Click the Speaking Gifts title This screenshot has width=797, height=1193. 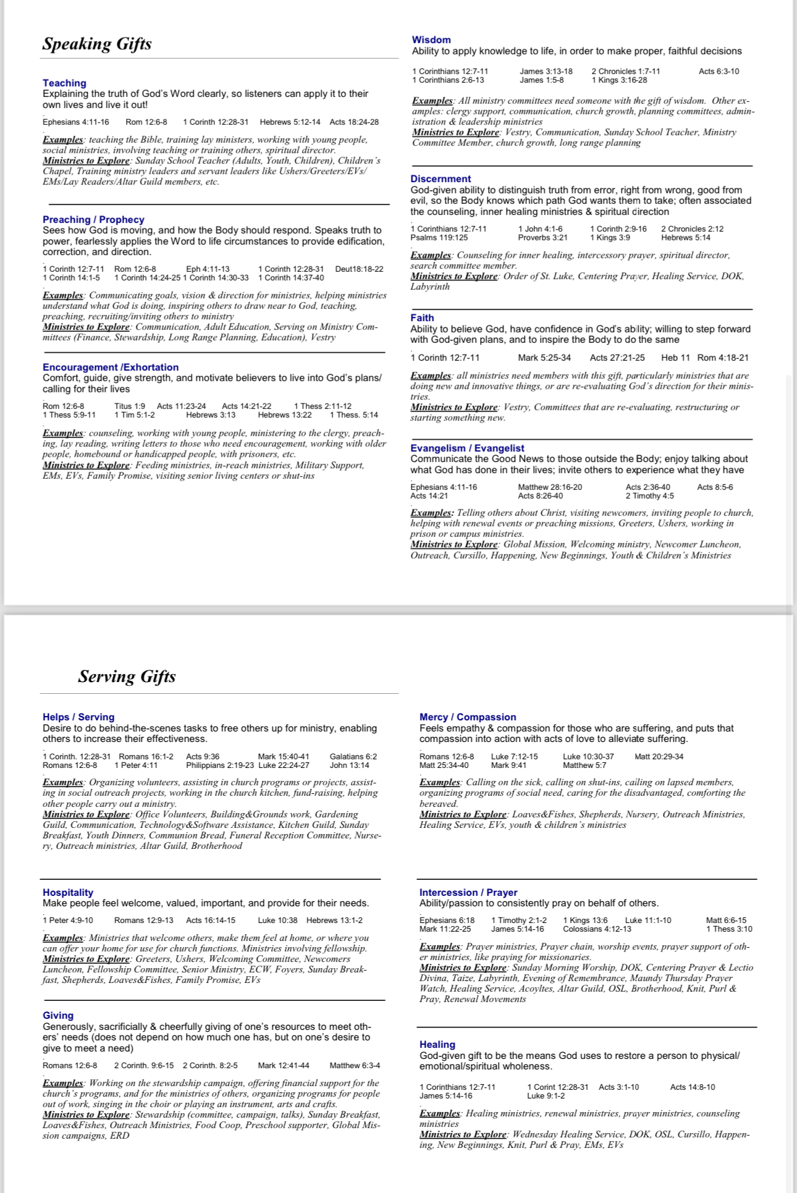[97, 44]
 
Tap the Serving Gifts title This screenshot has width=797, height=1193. [127, 677]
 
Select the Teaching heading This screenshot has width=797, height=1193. [64, 83]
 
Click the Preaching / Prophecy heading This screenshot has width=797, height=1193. [93, 219]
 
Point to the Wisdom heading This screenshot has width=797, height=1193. [431, 40]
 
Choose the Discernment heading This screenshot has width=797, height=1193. [441, 179]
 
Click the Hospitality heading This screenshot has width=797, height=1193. [68, 892]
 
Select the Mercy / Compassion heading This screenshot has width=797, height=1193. [468, 717]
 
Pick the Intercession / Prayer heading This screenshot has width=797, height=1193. [468, 892]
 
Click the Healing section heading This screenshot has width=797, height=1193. [437, 1044]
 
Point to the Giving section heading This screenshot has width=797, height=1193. [58, 1015]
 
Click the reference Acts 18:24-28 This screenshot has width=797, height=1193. [354, 122]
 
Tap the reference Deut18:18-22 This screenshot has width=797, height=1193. [359, 269]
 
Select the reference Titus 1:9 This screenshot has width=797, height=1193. [130, 406]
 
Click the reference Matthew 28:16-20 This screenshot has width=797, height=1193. [550, 487]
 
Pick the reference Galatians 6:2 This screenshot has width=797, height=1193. [353, 756]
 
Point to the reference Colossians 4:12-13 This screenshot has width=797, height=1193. [597, 929]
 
